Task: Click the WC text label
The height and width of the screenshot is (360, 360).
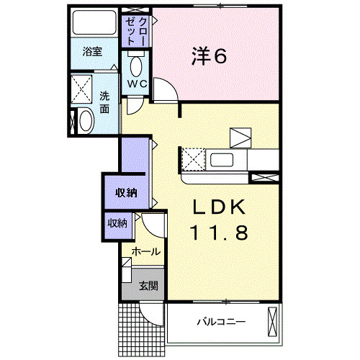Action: pos(137,84)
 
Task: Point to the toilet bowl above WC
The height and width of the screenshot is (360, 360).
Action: pos(135,67)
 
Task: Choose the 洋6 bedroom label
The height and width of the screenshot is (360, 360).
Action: pos(210,56)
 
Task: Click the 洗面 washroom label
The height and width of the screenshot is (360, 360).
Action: pos(105,102)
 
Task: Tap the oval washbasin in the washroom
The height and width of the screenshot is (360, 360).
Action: pos(85,120)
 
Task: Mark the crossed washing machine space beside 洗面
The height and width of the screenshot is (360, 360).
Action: pos(84,89)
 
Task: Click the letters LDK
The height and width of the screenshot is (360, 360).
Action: pos(219,206)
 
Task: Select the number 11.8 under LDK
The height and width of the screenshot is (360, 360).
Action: pos(219,233)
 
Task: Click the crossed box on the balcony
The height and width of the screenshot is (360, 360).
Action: pos(271,320)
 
